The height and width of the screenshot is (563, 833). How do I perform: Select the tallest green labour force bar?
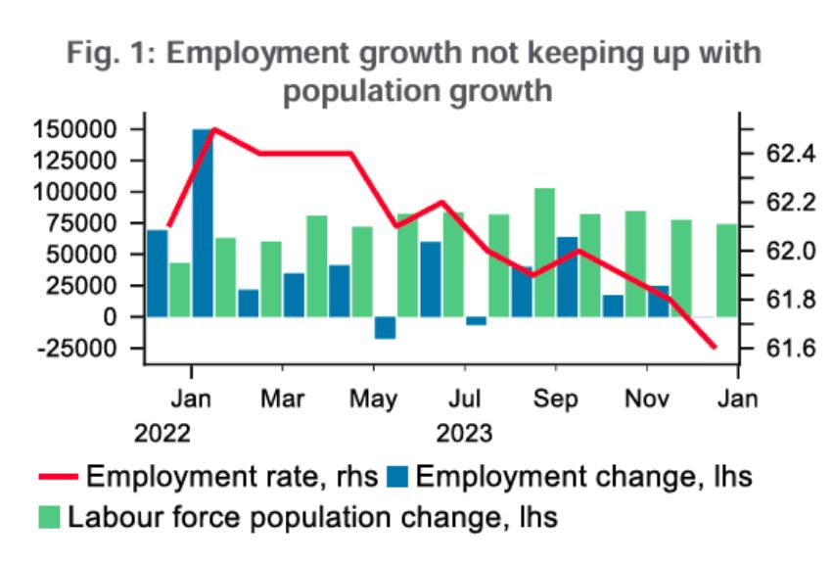[545, 252]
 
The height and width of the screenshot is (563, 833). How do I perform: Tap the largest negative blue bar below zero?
[385, 327]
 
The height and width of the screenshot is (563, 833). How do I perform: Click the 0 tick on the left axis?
[124, 317]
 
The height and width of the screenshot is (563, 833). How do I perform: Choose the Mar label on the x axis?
[283, 399]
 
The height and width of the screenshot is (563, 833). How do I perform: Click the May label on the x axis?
[374, 399]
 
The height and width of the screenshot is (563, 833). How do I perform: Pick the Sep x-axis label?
[556, 399]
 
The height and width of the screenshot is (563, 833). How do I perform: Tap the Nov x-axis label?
[647, 399]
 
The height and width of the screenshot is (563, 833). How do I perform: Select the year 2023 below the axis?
[464, 432]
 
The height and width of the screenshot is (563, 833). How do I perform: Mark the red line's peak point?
[213, 129]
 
